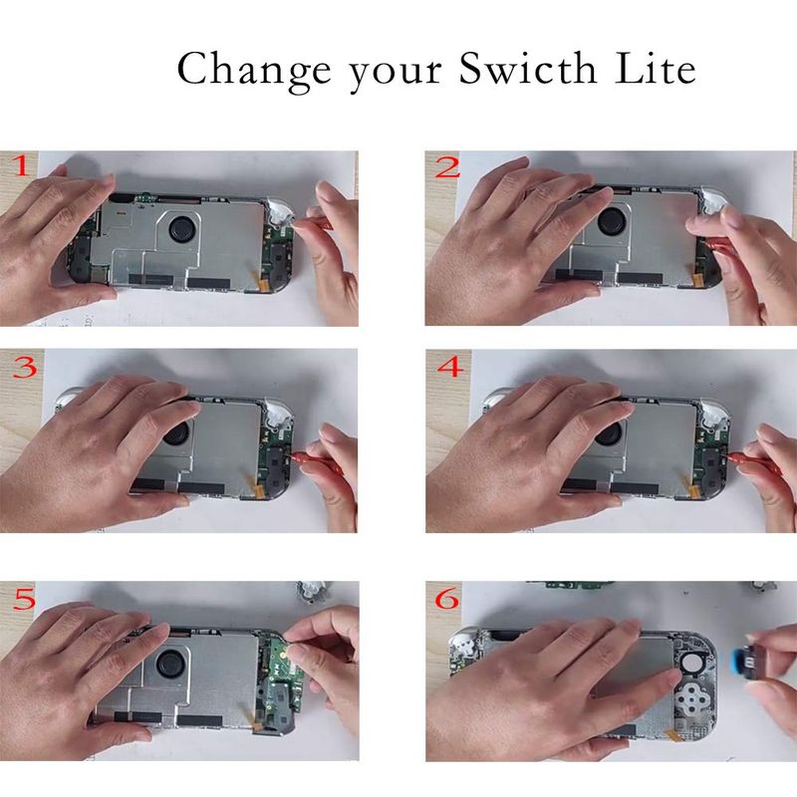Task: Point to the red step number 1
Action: pos(20,165)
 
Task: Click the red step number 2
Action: pos(446,167)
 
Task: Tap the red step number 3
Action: pos(25,367)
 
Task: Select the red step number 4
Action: pos(450,367)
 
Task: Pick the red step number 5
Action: pos(24,599)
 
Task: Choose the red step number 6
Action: pos(447,599)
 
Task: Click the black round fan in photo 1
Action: pos(180,229)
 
